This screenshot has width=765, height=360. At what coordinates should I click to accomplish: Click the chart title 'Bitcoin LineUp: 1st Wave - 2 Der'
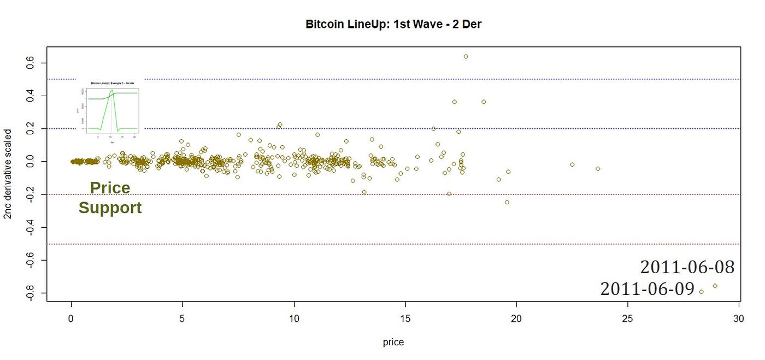point(393,25)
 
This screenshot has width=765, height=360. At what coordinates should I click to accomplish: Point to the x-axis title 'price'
point(393,343)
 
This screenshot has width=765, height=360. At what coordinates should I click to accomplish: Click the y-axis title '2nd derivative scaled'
point(8,174)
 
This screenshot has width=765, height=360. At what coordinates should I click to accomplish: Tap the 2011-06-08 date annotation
point(687,267)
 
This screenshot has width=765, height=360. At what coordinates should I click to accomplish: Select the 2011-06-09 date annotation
point(647,289)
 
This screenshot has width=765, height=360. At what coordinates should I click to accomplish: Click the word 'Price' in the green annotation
point(110,188)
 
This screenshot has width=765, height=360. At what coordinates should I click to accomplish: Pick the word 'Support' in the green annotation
point(110,208)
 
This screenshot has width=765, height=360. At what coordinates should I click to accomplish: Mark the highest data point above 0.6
point(466,56)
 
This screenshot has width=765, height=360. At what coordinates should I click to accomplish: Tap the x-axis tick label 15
point(405,318)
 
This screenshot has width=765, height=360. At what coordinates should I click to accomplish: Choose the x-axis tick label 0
point(71,318)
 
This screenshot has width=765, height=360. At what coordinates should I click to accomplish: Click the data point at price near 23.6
point(597,169)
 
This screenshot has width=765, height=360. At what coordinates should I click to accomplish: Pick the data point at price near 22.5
point(572,164)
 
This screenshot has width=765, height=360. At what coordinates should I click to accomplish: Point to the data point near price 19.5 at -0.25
point(507,202)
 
